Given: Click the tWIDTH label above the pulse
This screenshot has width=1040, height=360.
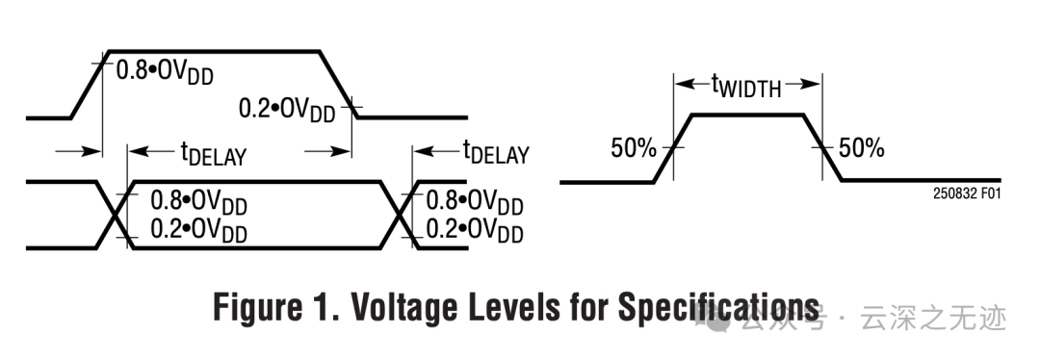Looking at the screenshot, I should point(746,86).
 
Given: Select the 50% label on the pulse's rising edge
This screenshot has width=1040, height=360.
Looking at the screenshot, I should point(634,148).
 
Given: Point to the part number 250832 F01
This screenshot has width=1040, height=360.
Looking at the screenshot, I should point(966,192).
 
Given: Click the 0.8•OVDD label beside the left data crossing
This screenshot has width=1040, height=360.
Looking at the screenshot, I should point(198,201).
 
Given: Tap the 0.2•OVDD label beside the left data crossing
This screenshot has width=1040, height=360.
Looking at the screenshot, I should point(198,231).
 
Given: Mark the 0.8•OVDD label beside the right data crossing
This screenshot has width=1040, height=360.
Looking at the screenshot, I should point(475,201).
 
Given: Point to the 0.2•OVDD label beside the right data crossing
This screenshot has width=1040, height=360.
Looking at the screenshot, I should point(475,231).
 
